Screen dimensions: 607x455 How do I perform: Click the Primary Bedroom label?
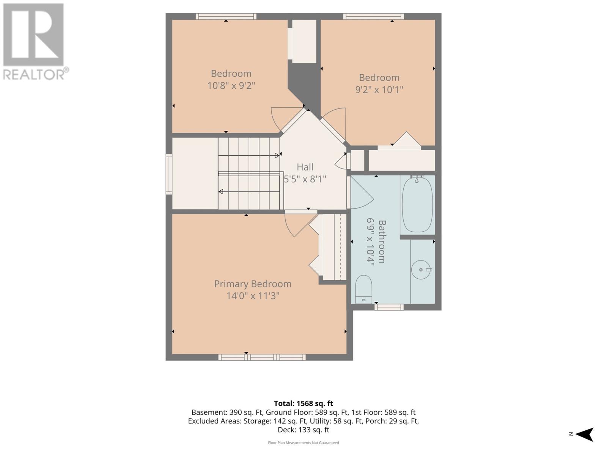(x=253, y=284)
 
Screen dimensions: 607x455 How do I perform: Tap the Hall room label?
(x=305, y=167)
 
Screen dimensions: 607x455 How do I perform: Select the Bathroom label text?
(x=382, y=242)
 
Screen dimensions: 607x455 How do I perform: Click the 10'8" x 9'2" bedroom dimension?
(x=231, y=86)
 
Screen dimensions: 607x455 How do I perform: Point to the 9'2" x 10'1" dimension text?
(x=379, y=90)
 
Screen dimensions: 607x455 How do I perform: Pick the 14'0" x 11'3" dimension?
(x=253, y=296)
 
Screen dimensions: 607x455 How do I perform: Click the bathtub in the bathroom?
(x=417, y=204)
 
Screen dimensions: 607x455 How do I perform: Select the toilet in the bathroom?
(x=363, y=289)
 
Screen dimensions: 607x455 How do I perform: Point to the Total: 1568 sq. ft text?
(x=303, y=403)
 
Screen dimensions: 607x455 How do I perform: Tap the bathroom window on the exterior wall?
(x=389, y=307)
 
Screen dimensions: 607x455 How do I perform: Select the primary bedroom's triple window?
(x=262, y=357)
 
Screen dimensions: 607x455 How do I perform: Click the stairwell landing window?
(x=169, y=174)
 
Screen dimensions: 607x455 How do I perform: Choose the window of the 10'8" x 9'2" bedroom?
(x=226, y=16)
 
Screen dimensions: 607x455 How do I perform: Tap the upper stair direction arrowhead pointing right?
(x=277, y=155)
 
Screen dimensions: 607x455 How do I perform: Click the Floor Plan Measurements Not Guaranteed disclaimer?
(x=303, y=442)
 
